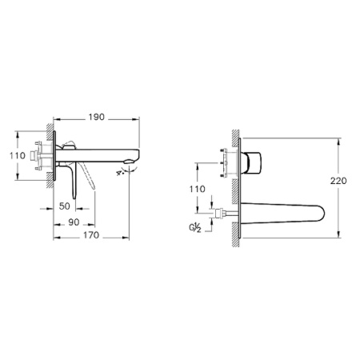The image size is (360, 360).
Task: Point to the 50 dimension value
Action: pos(65,206)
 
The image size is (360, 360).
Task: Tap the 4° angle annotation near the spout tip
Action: pos(122,170)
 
